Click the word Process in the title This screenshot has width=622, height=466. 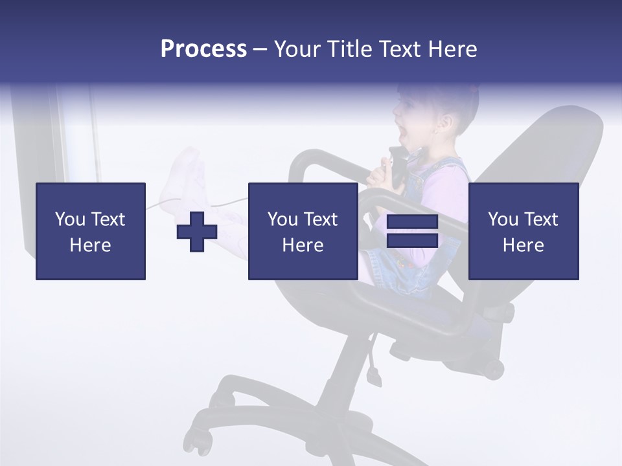pos(203,49)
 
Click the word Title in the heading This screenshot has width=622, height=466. pos(349,49)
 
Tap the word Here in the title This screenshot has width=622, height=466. pos(452,49)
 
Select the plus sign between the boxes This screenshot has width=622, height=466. pos(197,231)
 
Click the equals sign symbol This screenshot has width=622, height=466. pos(412,231)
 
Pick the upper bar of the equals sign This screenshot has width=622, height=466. pos(412,222)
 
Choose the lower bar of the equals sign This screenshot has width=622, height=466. pos(412,241)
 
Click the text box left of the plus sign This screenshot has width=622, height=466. pos(91,231)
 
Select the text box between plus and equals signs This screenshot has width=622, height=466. pos(303,231)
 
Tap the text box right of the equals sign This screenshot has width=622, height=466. pos(523,231)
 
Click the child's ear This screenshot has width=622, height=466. pos(446,122)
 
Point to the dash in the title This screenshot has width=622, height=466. pos(260,49)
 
